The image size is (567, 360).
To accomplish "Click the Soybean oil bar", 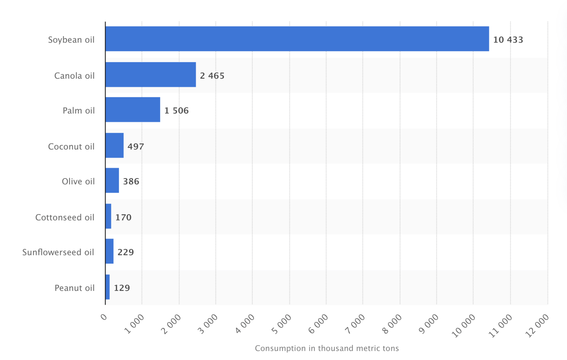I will (x=297, y=39).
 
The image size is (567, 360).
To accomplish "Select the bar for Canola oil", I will (x=151, y=74).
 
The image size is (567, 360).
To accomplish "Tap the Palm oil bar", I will (x=133, y=110).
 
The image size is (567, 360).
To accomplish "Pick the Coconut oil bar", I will (x=115, y=145).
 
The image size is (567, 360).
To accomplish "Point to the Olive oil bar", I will (x=112, y=181).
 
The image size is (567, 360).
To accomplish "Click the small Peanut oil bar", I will (x=107, y=287).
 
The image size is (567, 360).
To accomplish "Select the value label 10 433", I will (x=508, y=40).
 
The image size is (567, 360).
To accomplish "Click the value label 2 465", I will (x=212, y=76).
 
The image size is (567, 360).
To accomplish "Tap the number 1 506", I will (x=176, y=111).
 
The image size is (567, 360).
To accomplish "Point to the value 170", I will (x=123, y=217).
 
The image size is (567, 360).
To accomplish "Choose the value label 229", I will (x=126, y=252).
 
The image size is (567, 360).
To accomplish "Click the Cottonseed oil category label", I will (x=65, y=217).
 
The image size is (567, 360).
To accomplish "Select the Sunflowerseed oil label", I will (x=58, y=252).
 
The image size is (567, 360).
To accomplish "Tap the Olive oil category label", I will (x=78, y=181).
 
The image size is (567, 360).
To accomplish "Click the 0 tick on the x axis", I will (x=104, y=317).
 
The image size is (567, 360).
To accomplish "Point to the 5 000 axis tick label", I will (x=281, y=324).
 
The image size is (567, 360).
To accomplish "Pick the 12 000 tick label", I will (x=537, y=325).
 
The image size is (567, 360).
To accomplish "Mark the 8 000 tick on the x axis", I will (x=392, y=324).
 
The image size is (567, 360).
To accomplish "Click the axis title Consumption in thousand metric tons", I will (x=327, y=348).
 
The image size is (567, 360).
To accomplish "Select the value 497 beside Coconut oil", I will (x=136, y=146).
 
